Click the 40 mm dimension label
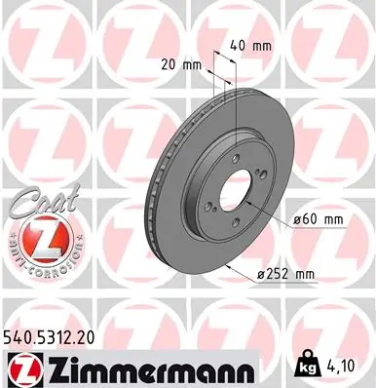pos(251,44)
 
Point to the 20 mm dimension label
pos(177,65)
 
